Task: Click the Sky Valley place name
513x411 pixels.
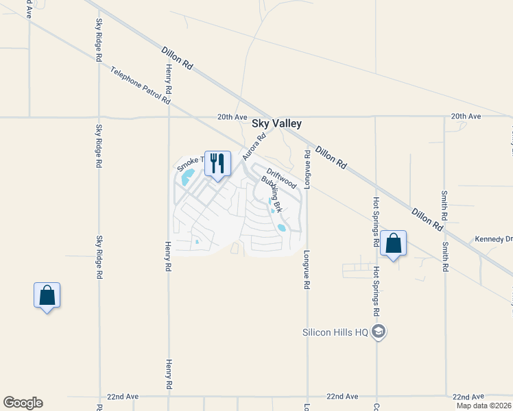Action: click(x=276, y=124)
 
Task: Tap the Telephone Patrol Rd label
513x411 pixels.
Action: click(x=140, y=86)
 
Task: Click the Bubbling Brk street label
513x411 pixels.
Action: click(x=272, y=194)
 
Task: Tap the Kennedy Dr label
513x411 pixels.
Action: click(x=494, y=240)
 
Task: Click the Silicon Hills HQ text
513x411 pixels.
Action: click(x=336, y=333)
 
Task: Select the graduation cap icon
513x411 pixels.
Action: click(x=378, y=332)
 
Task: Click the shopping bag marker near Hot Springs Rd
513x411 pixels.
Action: click(x=393, y=243)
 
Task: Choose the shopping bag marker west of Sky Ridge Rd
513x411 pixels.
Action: click(x=47, y=295)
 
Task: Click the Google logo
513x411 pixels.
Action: click(x=23, y=403)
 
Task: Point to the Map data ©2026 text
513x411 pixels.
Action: click(x=484, y=406)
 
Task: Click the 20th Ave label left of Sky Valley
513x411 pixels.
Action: click(x=232, y=117)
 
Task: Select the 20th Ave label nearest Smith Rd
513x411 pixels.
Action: click(x=466, y=116)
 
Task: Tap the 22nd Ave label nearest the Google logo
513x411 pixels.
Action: click(x=123, y=397)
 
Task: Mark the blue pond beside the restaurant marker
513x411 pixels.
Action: click(x=186, y=180)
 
